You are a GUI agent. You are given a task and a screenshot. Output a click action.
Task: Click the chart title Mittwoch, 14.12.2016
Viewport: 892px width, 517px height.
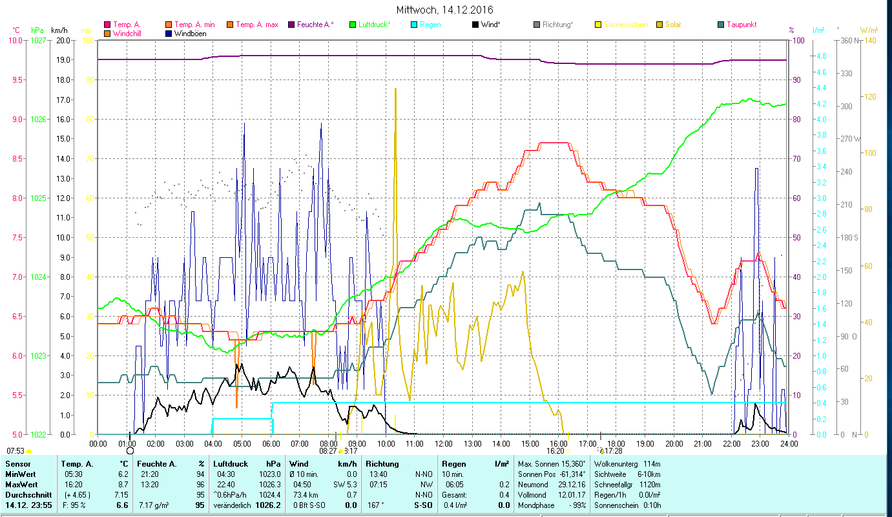point(446,10)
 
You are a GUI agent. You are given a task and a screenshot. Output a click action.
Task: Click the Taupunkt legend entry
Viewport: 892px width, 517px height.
point(741,25)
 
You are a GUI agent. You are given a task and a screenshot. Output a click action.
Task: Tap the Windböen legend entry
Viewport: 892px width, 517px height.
point(190,33)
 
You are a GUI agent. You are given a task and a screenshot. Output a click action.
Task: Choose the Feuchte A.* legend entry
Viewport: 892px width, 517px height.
point(315,25)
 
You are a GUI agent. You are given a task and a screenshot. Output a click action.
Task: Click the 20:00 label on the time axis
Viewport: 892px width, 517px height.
point(674,444)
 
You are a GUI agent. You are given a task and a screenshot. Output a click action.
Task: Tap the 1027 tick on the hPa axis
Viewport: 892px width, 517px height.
point(38,41)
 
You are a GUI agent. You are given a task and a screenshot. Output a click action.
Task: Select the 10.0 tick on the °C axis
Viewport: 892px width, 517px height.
point(16,41)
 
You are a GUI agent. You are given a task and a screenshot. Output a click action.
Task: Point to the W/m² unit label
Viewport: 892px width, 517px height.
point(869,30)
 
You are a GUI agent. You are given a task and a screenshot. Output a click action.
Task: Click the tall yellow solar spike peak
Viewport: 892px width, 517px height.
point(395,89)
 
